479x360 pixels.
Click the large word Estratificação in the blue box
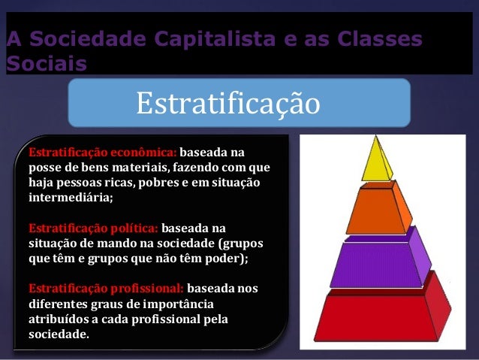227,104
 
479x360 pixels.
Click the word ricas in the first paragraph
136,182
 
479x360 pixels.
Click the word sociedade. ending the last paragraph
58,334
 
